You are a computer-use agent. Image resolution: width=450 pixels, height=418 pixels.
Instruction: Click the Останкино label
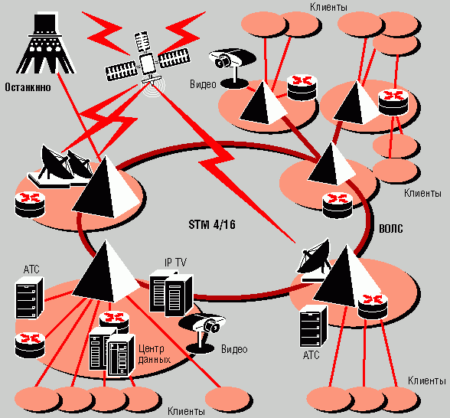(x=28, y=87)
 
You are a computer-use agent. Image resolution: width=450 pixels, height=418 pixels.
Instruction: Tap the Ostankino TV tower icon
(x=45, y=43)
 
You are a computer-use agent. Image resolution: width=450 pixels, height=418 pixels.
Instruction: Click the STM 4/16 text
(x=212, y=224)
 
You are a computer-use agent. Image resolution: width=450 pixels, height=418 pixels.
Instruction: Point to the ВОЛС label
(x=391, y=228)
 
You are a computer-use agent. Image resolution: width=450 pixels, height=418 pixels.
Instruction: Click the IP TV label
(x=175, y=262)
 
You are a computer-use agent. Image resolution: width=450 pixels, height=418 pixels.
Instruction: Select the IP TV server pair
(x=171, y=292)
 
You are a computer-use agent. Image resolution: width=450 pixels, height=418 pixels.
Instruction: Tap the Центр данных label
(x=154, y=354)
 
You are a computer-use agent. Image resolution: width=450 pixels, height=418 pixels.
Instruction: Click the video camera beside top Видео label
(x=232, y=68)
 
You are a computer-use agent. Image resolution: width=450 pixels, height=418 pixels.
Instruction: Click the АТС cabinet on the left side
(x=29, y=298)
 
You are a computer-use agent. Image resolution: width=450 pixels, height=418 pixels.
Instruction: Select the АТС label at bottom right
(x=311, y=355)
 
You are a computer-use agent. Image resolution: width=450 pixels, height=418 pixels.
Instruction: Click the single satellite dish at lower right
(x=314, y=260)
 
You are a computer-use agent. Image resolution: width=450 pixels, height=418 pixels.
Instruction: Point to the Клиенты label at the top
(x=328, y=7)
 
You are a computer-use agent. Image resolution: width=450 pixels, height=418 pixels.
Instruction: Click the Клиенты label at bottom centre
(x=186, y=411)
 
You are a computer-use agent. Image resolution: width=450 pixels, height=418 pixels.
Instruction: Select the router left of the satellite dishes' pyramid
(x=30, y=204)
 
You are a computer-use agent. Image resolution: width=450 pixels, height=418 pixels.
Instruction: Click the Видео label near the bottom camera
(x=234, y=349)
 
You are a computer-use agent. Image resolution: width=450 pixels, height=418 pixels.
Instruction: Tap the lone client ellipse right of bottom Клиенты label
(x=228, y=400)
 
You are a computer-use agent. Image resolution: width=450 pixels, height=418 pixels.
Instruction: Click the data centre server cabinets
(x=112, y=352)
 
